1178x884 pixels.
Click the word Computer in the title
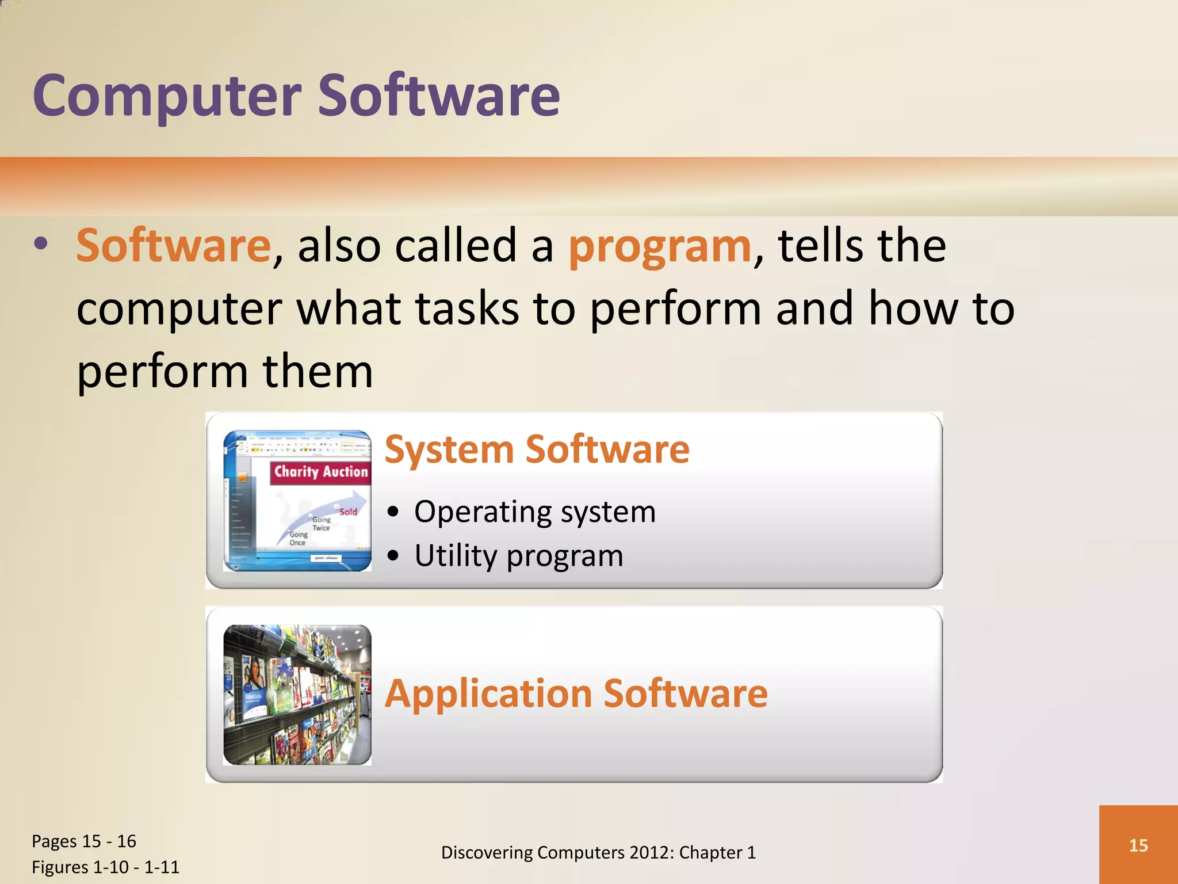(167, 97)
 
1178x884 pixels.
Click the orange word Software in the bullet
(173, 246)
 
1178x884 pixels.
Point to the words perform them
(225, 371)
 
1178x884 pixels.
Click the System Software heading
(537, 449)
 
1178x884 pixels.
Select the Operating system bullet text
(534, 512)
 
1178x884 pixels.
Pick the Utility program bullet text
(518, 556)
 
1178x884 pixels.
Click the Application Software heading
(576, 694)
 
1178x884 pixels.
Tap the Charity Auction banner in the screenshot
(320, 472)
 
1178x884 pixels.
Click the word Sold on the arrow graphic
(348, 512)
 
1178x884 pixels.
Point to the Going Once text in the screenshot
(298, 538)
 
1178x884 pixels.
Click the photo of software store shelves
(297, 695)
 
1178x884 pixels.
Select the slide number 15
(1138, 845)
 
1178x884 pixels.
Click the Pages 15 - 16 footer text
(84, 841)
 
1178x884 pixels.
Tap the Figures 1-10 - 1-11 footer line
(105, 867)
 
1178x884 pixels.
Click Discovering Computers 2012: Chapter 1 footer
(598, 852)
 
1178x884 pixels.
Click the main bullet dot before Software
(41, 244)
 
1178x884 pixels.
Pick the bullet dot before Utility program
(393, 556)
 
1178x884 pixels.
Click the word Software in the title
(438, 97)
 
